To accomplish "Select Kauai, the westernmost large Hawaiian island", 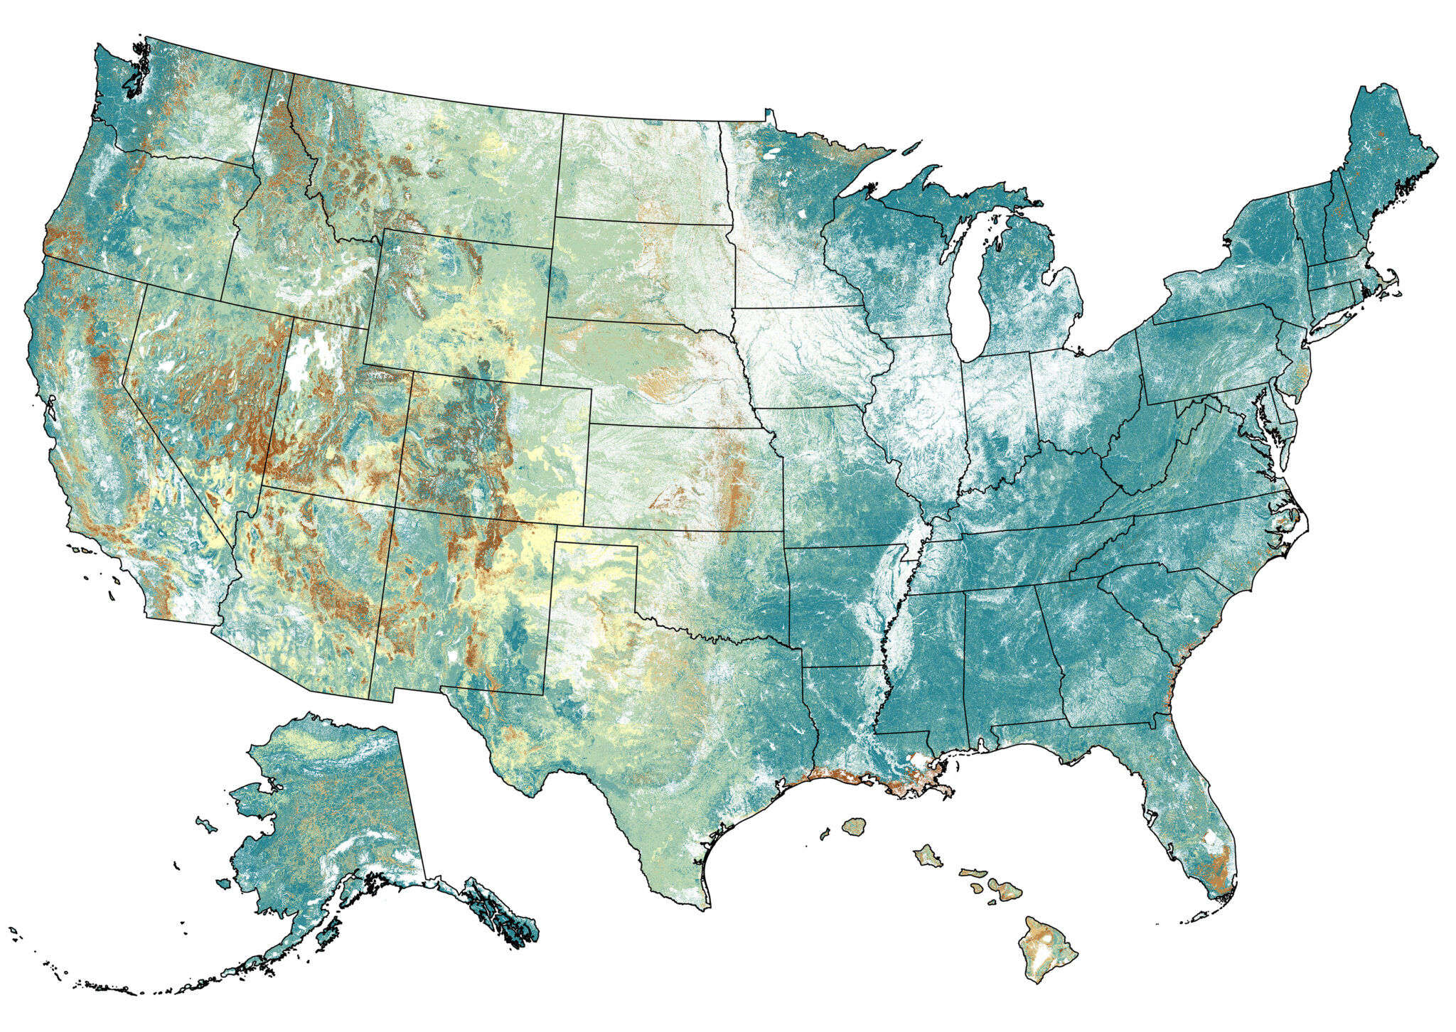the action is tap(854, 827).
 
